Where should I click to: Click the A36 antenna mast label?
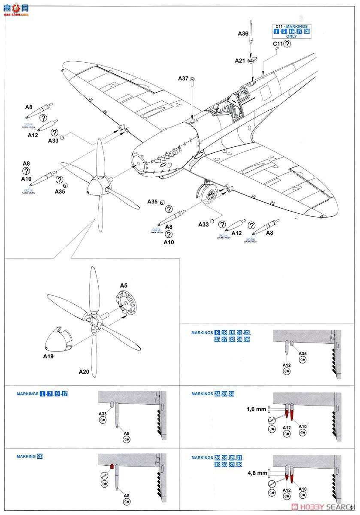click(x=242, y=33)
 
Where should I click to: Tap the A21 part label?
click(x=239, y=61)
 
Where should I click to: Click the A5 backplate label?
click(x=124, y=285)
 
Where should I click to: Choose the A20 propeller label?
click(x=83, y=372)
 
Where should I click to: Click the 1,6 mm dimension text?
click(x=256, y=409)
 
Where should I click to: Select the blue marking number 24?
click(x=217, y=394)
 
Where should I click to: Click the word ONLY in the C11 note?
click(x=291, y=36)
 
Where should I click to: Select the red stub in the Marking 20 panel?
click(x=112, y=467)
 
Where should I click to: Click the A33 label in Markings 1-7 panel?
click(x=103, y=414)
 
